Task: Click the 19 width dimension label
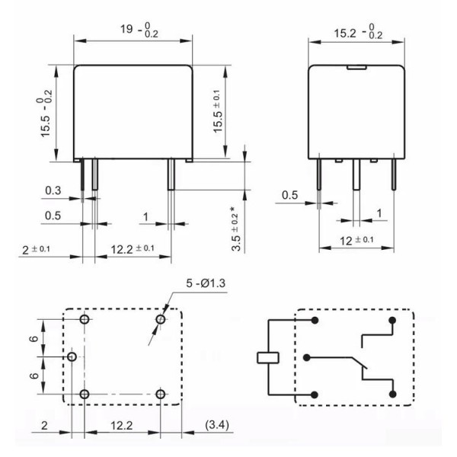click(139, 30)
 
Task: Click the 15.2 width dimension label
click(358, 32)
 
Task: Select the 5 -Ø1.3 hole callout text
click(206, 283)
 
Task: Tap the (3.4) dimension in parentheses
click(217, 425)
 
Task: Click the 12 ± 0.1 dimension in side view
click(356, 241)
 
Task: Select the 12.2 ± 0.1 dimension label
click(133, 249)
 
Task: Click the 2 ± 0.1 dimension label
click(36, 250)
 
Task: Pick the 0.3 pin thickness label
click(53, 190)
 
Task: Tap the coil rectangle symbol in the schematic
click(268, 358)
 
